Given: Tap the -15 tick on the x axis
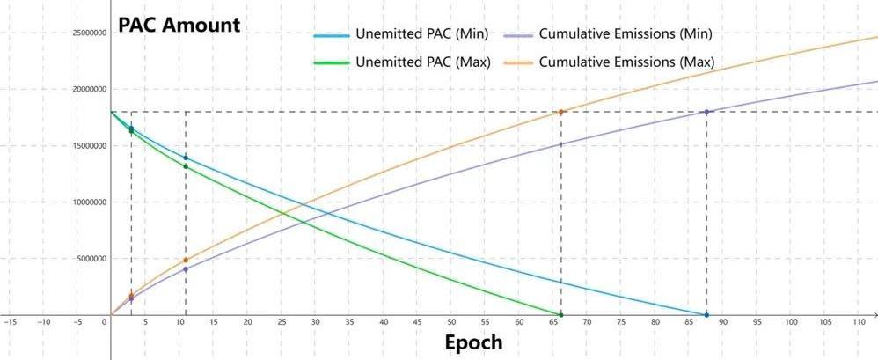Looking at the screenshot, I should point(10,322).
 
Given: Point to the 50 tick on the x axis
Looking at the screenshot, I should point(451,322).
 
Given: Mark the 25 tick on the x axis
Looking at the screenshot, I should point(282,322).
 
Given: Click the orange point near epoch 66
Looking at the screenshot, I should point(561,112).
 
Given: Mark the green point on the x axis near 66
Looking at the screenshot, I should point(561,314).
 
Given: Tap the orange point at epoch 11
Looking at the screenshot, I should point(186,261).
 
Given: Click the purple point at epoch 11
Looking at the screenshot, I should point(186,269).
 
